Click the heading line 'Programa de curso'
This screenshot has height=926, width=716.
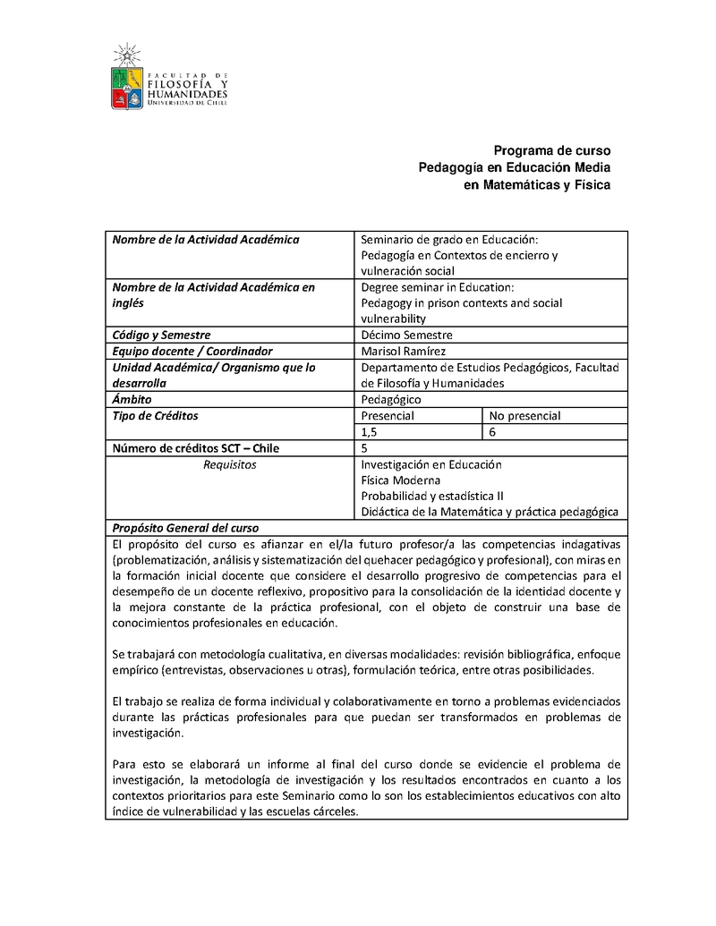click(552, 150)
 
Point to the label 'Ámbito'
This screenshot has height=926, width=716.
click(132, 399)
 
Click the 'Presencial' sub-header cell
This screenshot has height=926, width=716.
click(388, 415)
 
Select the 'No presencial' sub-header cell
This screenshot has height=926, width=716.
click(525, 415)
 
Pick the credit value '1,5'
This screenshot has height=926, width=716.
click(370, 431)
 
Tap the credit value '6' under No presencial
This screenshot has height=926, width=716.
click(493, 431)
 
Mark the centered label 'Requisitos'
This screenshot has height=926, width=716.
click(230, 464)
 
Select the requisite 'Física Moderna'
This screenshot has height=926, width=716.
click(400, 480)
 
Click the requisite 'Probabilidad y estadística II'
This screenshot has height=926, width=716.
click(432, 496)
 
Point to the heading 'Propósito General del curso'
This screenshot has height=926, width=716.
click(184, 528)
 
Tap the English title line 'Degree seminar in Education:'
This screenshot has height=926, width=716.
click(438, 287)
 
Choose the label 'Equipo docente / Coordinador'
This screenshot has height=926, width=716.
click(192, 351)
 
